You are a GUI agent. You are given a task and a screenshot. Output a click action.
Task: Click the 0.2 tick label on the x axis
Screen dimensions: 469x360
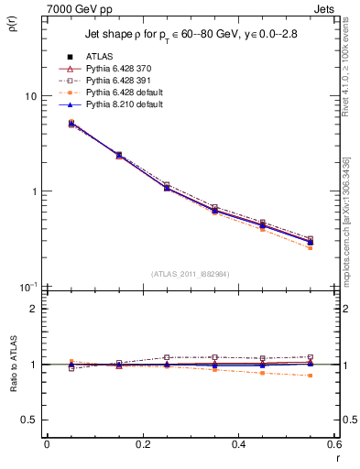142,443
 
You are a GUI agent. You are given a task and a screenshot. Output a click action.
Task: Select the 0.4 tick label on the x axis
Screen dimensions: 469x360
238,443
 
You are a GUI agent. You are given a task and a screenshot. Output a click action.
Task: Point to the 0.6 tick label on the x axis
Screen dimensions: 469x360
333,443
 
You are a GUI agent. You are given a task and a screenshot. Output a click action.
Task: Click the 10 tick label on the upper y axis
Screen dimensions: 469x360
30,96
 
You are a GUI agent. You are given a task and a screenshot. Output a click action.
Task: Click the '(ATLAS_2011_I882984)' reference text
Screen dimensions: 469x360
190,274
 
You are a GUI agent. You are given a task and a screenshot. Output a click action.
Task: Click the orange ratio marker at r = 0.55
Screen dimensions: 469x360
310,376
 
